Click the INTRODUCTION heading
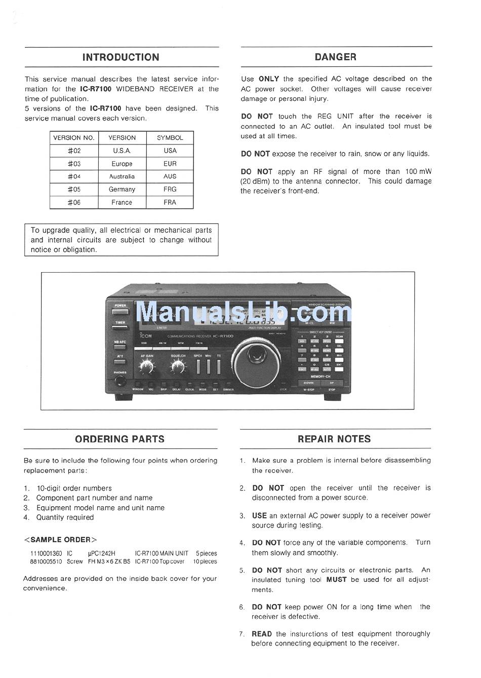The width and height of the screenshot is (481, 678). tap(121, 57)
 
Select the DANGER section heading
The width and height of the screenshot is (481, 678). tap(335, 57)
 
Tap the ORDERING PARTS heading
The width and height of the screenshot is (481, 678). tap(119, 439)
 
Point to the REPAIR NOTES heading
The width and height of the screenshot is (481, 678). tap(334, 439)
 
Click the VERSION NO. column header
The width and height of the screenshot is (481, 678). tap(73, 138)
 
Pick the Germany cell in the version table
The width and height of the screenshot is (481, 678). tap(122, 190)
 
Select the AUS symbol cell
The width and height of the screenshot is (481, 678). tap(170, 176)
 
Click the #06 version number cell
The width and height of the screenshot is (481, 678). tap(74, 202)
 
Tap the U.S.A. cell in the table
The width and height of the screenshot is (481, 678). tap(122, 150)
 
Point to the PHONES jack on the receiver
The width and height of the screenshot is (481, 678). tap(120, 380)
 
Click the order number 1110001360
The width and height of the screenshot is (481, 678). tap(46, 554)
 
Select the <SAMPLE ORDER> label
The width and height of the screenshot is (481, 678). tap(60, 540)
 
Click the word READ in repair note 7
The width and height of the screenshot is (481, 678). tap(262, 634)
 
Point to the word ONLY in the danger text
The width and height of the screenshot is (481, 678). tap(268, 79)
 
